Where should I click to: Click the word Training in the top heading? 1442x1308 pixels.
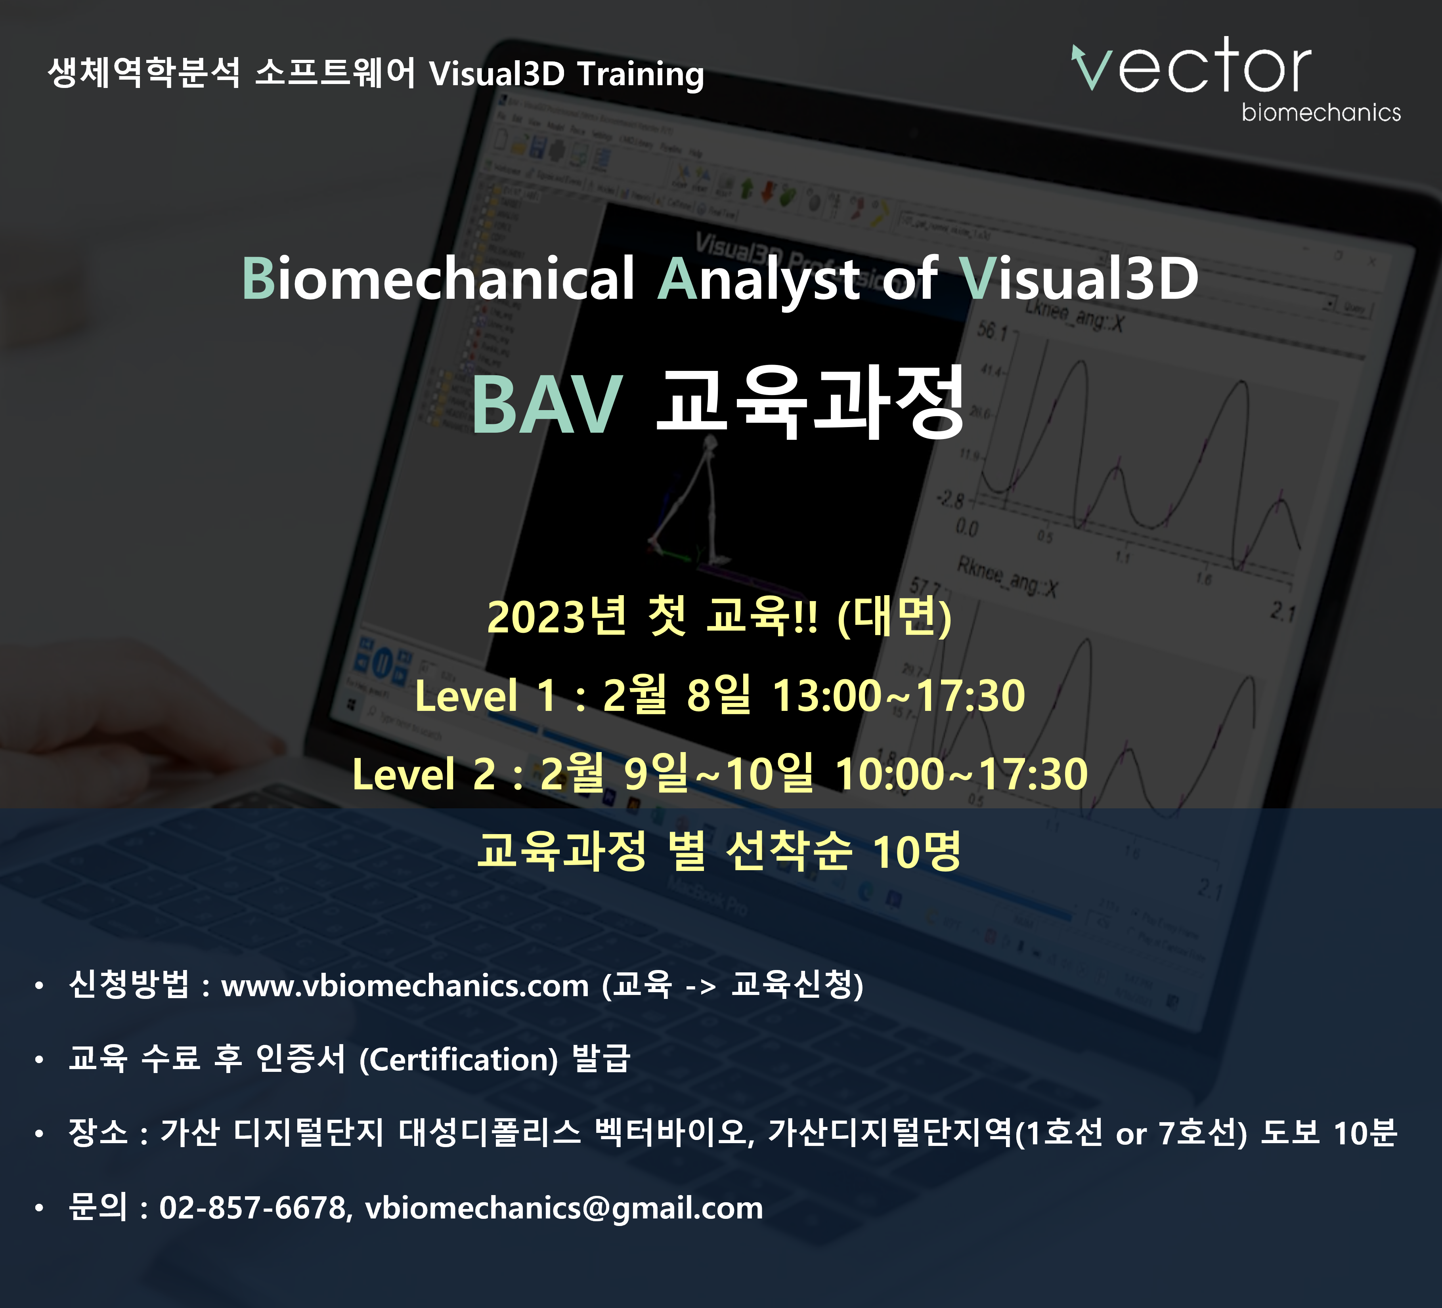coord(641,74)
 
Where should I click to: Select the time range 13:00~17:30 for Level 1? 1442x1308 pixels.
coord(899,696)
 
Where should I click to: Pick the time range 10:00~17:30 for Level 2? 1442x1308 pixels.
coord(961,775)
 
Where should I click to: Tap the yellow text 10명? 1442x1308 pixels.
coord(917,852)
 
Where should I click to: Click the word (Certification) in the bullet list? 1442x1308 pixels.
coord(459,1059)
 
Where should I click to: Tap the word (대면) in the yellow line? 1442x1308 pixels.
coord(894,617)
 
